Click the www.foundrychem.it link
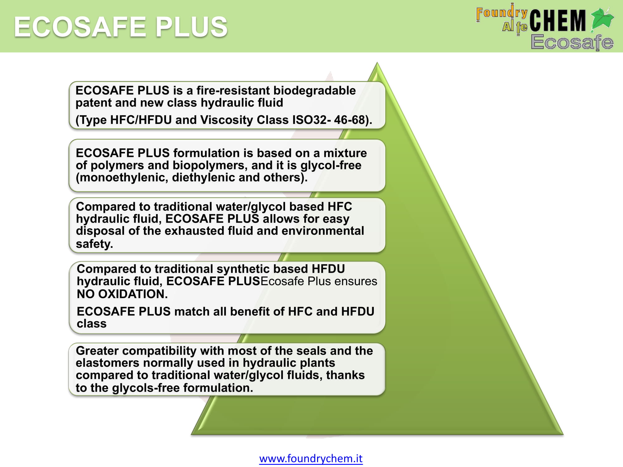coord(311,459)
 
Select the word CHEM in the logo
coord(558,21)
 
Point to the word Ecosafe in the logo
coord(572,42)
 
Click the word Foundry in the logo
coord(502,13)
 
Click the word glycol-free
coord(331,165)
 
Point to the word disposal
coord(100,231)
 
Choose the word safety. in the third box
coord(94,244)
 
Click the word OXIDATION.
coord(133,294)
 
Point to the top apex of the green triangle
coord(377,63)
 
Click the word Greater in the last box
coord(97,351)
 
